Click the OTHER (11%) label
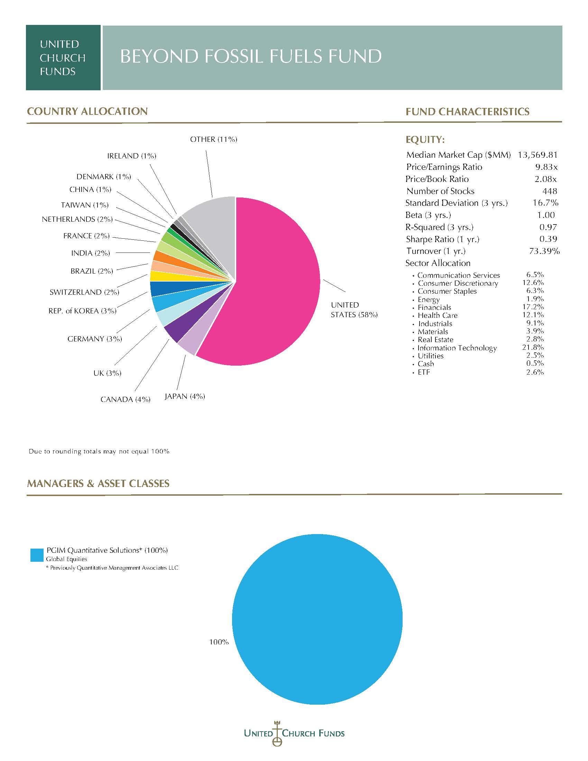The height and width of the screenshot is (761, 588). pos(213,139)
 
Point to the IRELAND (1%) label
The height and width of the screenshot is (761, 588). pos(132,156)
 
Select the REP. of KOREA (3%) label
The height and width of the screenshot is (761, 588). pos(83,311)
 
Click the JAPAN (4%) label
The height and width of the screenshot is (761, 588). pos(185,396)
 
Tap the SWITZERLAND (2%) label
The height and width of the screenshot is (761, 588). pos(84,292)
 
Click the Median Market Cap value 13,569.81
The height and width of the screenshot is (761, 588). pos(538,155)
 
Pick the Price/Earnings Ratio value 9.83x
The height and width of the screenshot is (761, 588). pos(546,167)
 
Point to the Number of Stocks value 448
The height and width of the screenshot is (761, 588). pos(550,191)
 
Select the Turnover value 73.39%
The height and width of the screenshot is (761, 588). pos(544,251)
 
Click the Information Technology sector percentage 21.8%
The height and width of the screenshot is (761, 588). pos(533,347)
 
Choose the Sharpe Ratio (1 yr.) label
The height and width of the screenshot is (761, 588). pos(442,239)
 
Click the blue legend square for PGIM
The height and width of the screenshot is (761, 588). pos(37,555)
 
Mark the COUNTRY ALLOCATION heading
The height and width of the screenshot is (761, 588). pos(88,111)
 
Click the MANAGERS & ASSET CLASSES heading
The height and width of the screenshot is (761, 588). pos(98,484)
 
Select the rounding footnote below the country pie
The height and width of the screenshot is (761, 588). pos(99,451)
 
